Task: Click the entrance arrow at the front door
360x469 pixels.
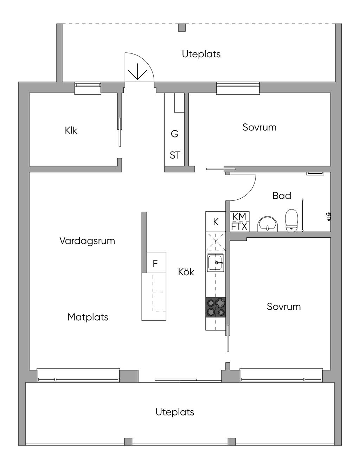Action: [x=137, y=73]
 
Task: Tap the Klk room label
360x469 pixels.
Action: [x=71, y=130]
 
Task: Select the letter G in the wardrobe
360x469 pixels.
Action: [x=175, y=134]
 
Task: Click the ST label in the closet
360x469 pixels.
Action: [x=175, y=155]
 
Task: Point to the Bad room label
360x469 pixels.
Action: [x=282, y=195]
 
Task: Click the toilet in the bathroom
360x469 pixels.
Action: [x=291, y=221]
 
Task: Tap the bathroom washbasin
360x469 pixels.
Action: [x=268, y=224]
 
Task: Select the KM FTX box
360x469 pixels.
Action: [x=239, y=221]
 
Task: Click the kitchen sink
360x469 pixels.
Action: [x=215, y=263]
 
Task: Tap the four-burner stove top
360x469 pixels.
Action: [x=216, y=307]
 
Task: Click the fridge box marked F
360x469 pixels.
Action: [x=155, y=263]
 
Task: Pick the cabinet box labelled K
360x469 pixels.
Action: [x=216, y=222]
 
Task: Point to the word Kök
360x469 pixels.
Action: [x=186, y=272]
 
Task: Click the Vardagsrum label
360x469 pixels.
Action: [x=87, y=241]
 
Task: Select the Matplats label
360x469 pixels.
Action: [x=88, y=317]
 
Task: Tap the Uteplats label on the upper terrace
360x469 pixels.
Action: [x=201, y=54]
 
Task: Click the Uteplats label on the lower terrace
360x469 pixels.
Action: [x=175, y=412]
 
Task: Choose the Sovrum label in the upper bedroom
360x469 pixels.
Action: [x=259, y=127]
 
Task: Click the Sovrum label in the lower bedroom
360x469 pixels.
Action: [x=284, y=307]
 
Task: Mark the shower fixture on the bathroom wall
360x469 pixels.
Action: [x=328, y=216]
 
